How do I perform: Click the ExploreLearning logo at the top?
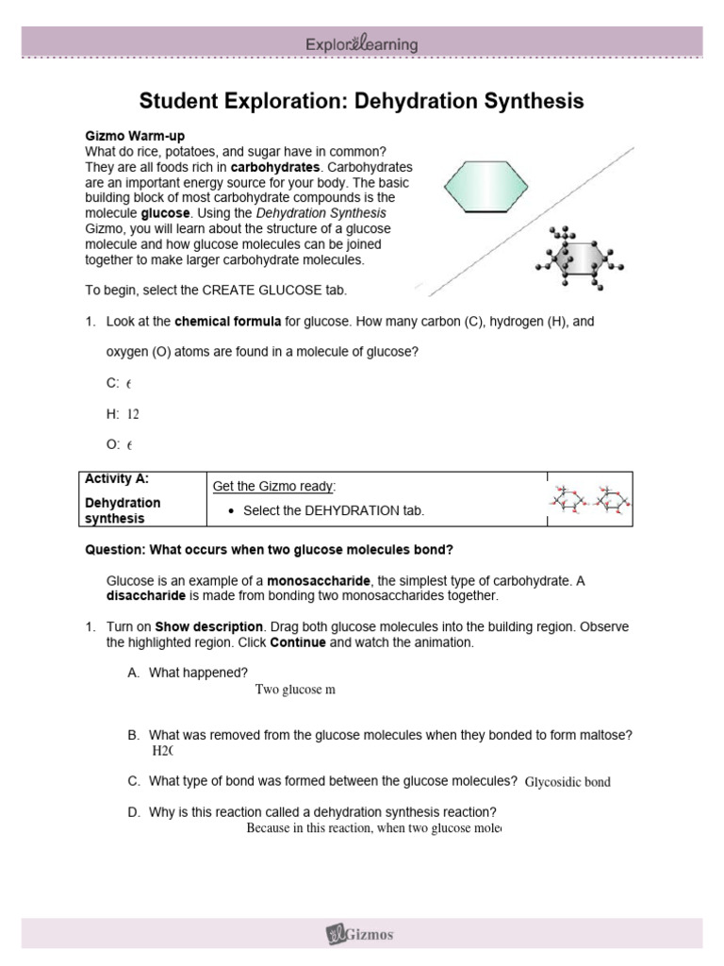click(x=361, y=44)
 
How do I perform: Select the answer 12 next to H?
click(x=133, y=414)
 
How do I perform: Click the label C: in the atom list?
click(x=112, y=384)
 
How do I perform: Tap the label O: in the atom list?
click(x=112, y=444)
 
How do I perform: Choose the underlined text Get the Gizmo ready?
click(x=273, y=486)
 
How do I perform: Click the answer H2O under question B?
click(x=163, y=751)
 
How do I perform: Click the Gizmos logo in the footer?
click(x=361, y=935)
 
